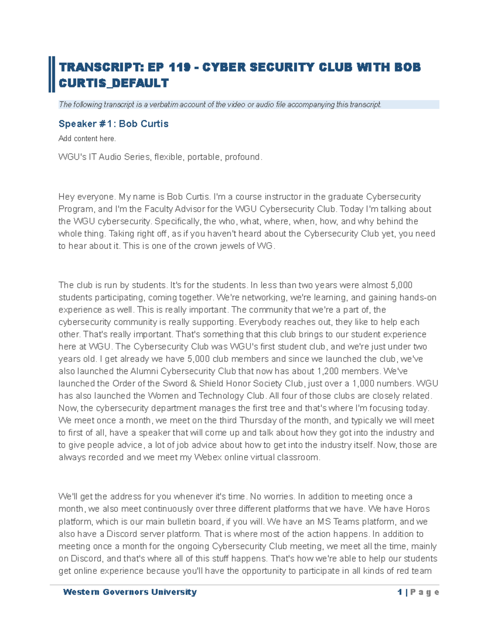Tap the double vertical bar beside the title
point(51,74)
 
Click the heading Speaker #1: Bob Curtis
point(113,124)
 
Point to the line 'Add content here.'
point(87,139)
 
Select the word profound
point(243,157)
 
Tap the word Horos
point(417,509)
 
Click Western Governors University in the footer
point(129,592)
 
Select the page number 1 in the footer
point(400,592)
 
